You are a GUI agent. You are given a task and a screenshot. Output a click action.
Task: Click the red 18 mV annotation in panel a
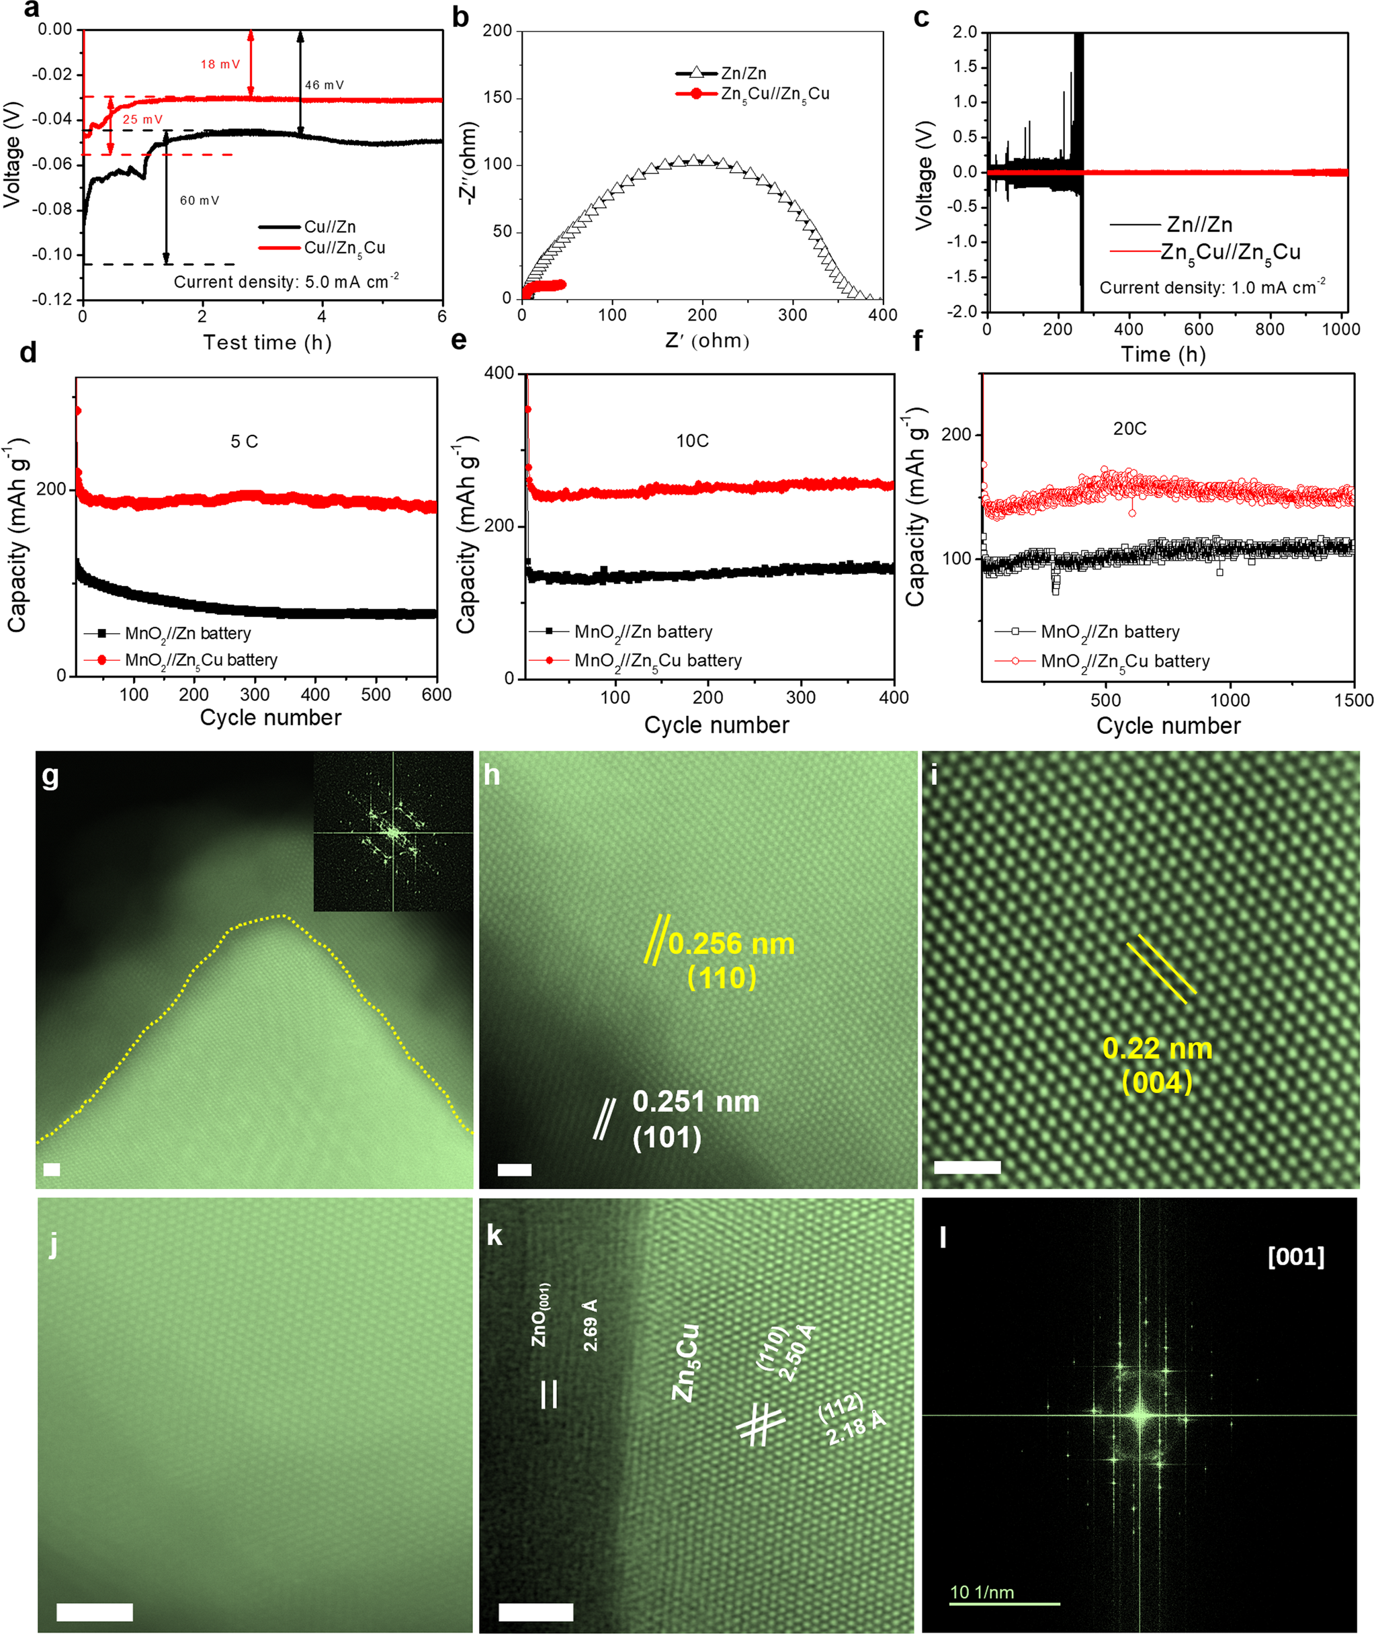[x=220, y=65]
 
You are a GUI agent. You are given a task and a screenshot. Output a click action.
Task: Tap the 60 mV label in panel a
[x=200, y=201]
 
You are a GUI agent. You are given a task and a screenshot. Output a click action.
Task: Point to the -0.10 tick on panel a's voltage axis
[x=52, y=255]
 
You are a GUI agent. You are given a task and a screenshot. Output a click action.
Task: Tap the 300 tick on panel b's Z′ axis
[x=793, y=315]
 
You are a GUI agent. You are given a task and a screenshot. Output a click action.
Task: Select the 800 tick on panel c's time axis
[x=1270, y=329]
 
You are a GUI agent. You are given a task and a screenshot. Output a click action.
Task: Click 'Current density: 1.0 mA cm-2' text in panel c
[x=1212, y=287]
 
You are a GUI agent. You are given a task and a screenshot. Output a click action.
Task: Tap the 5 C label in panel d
[x=244, y=442]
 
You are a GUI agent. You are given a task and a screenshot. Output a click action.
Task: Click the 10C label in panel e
[x=691, y=441]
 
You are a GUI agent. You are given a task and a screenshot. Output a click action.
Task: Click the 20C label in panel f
[x=1129, y=429]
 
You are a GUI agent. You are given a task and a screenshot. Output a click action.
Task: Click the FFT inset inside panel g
[x=392, y=831]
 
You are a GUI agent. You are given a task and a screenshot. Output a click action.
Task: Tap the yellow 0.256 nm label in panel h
[x=730, y=944]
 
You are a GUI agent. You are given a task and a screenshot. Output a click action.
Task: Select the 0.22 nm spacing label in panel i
[x=1158, y=1049]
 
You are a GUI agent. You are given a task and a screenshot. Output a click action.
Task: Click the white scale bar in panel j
[x=94, y=1611]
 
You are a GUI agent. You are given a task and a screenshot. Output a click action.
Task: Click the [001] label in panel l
[x=1295, y=1257]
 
